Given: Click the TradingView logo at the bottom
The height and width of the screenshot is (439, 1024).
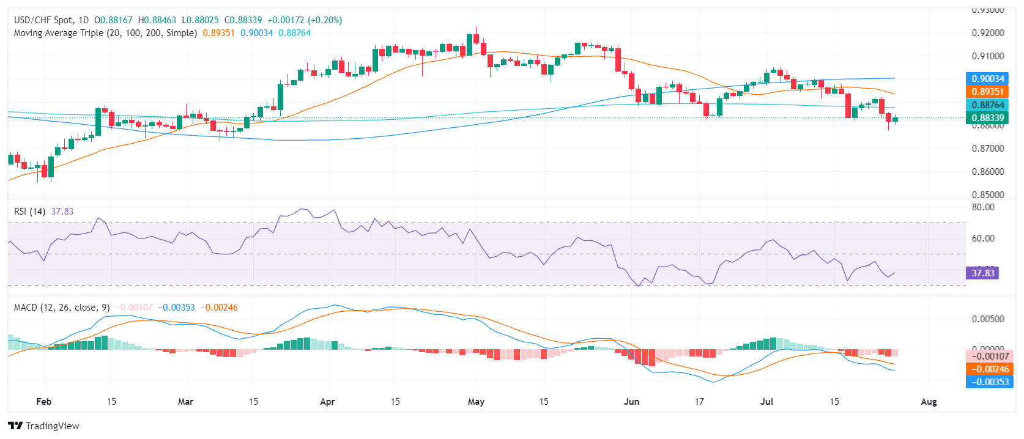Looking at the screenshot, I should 43,426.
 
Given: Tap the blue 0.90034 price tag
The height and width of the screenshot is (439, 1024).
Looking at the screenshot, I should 988,78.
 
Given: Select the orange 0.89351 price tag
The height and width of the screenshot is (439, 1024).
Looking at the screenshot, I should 988,92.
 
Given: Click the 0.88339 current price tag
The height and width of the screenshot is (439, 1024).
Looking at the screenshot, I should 988,118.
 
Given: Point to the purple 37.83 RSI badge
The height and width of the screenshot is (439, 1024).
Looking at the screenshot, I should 982,273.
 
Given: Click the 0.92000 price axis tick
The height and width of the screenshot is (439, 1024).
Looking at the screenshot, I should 988,33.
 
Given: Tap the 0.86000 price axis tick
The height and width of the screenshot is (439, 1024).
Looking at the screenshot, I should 988,172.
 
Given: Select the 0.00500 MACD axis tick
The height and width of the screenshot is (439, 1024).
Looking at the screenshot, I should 988,319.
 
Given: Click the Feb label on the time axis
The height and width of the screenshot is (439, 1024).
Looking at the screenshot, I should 44,402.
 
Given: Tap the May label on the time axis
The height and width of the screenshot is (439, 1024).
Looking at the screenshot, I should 476,402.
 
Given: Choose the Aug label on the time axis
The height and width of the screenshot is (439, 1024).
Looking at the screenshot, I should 929,402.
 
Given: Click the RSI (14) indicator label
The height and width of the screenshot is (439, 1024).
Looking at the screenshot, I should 29,212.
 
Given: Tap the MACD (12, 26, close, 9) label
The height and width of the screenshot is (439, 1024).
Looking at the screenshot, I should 62,308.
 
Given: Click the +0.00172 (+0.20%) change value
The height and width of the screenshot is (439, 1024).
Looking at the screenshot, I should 305,20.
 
